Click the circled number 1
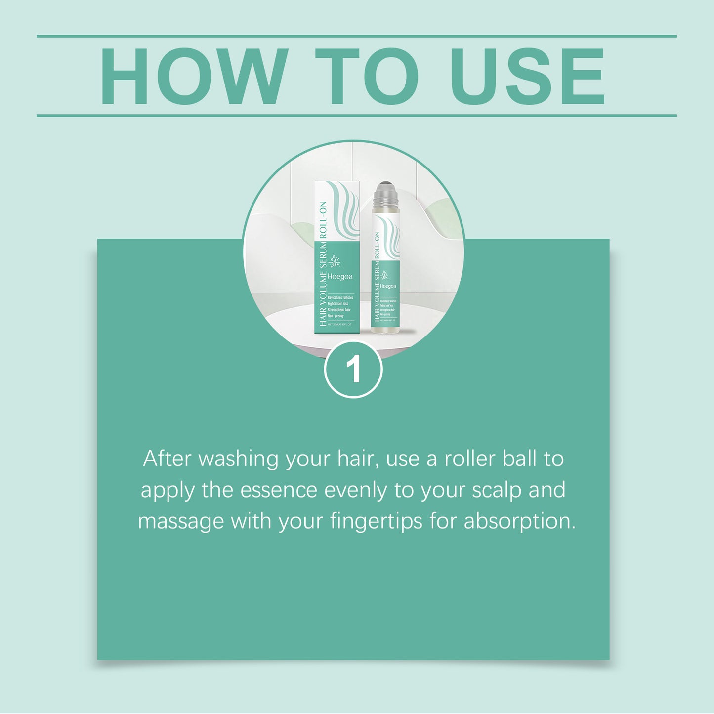(x=353, y=369)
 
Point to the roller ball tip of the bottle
(x=386, y=191)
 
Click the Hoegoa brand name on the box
(x=340, y=277)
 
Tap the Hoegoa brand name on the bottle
(x=388, y=286)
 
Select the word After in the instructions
(x=167, y=459)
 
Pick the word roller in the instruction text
(x=469, y=459)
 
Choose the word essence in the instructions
(x=278, y=490)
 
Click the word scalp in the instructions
(x=497, y=491)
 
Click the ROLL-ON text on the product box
(x=323, y=220)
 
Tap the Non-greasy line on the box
(x=336, y=316)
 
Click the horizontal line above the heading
(x=356, y=36)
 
